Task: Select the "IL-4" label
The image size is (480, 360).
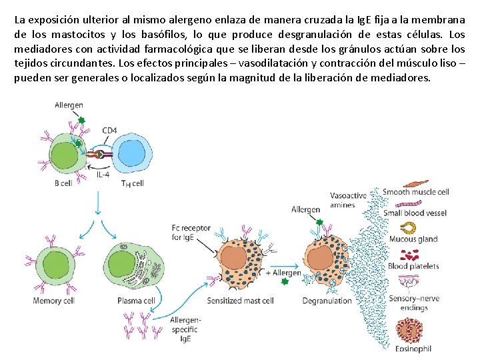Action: [103, 174]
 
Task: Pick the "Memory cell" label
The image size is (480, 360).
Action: [53, 301]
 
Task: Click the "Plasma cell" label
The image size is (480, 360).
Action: [136, 301]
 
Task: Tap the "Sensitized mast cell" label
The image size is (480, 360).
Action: [241, 301]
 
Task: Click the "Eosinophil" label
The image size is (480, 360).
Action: [413, 348]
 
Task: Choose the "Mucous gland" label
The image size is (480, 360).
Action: [413, 239]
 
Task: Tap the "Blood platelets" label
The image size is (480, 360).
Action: [413, 266]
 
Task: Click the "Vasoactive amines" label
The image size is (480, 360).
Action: [348, 200]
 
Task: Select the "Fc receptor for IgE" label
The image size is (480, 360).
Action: [191, 232]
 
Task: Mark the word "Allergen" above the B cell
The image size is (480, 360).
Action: [69, 105]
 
